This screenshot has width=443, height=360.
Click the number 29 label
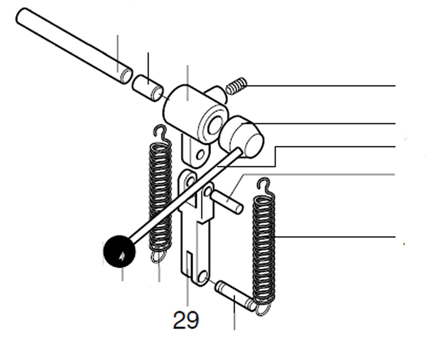pos(186,320)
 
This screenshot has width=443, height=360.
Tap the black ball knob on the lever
pos(120,251)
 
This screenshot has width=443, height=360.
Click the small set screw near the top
pos(237,86)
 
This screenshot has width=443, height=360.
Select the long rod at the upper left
pos(74,46)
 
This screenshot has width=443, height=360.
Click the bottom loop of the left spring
pos(158,256)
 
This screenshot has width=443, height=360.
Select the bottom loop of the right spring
pos(263,309)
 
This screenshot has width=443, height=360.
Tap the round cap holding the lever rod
pos(241,137)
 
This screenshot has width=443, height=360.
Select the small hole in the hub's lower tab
pos(201,155)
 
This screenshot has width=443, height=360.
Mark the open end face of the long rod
pos(127,76)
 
